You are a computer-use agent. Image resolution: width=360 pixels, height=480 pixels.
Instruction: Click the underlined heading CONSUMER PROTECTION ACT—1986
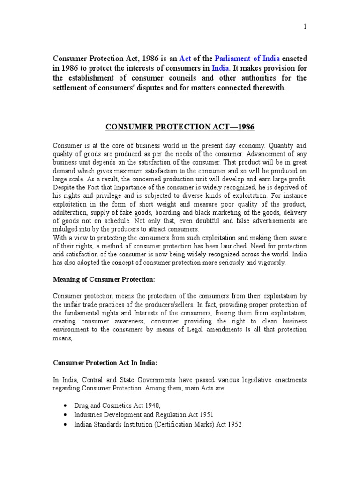click(180, 127)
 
